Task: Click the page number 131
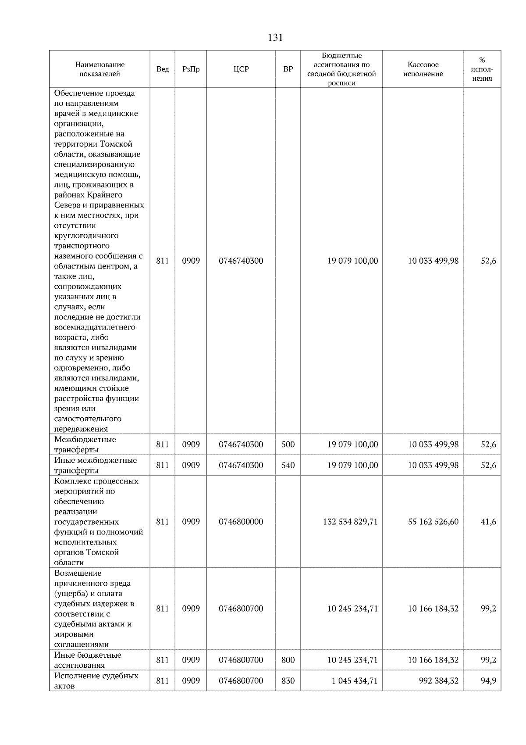point(275,38)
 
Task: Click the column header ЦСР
point(241,69)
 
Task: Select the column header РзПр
point(191,69)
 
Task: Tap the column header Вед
point(163,69)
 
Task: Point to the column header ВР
point(288,69)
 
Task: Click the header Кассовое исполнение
point(423,69)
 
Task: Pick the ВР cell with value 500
point(288,444)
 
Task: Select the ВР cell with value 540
point(288,465)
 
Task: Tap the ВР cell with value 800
point(288,660)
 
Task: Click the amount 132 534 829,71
point(350,522)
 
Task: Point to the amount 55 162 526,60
point(433,522)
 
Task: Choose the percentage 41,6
point(488,522)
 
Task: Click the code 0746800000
point(241,522)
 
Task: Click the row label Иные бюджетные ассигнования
point(88,660)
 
